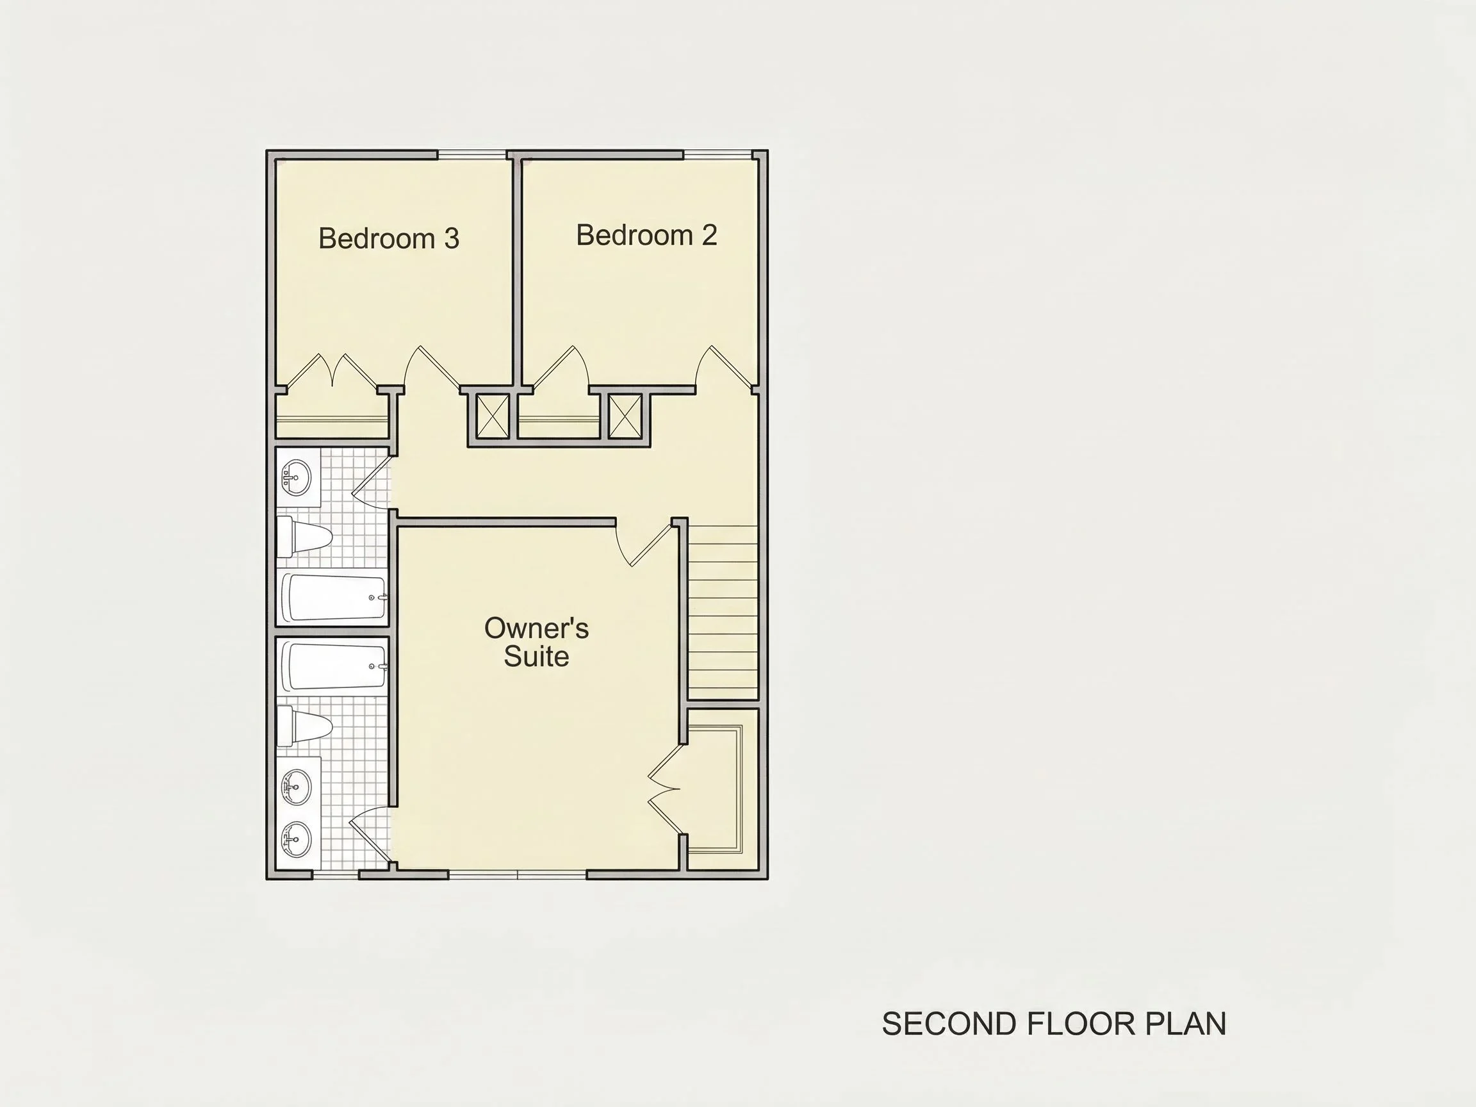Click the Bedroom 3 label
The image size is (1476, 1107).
[x=388, y=238]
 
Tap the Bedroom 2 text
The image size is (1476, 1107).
[x=646, y=235]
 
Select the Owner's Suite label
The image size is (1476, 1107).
[x=536, y=642]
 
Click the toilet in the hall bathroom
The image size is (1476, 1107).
[x=304, y=537]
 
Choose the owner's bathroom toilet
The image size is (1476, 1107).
[x=304, y=726]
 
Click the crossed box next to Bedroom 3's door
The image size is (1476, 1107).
[x=493, y=416]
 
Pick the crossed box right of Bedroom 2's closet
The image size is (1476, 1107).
[x=626, y=416]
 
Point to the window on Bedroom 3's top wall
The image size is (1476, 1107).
[x=471, y=155]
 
